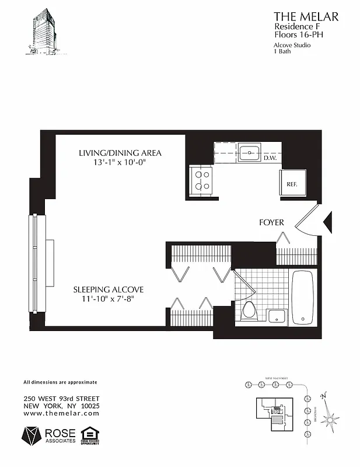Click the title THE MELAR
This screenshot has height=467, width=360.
306,16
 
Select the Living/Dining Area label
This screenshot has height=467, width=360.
120,153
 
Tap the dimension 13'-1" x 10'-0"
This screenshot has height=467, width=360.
120,163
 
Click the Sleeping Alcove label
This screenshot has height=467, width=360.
108,289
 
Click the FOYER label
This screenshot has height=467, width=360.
271,222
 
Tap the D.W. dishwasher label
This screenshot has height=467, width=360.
270,158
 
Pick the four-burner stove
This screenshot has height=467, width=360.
202,180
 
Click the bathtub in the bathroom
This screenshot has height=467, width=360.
303,298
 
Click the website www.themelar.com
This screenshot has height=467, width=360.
61,413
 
